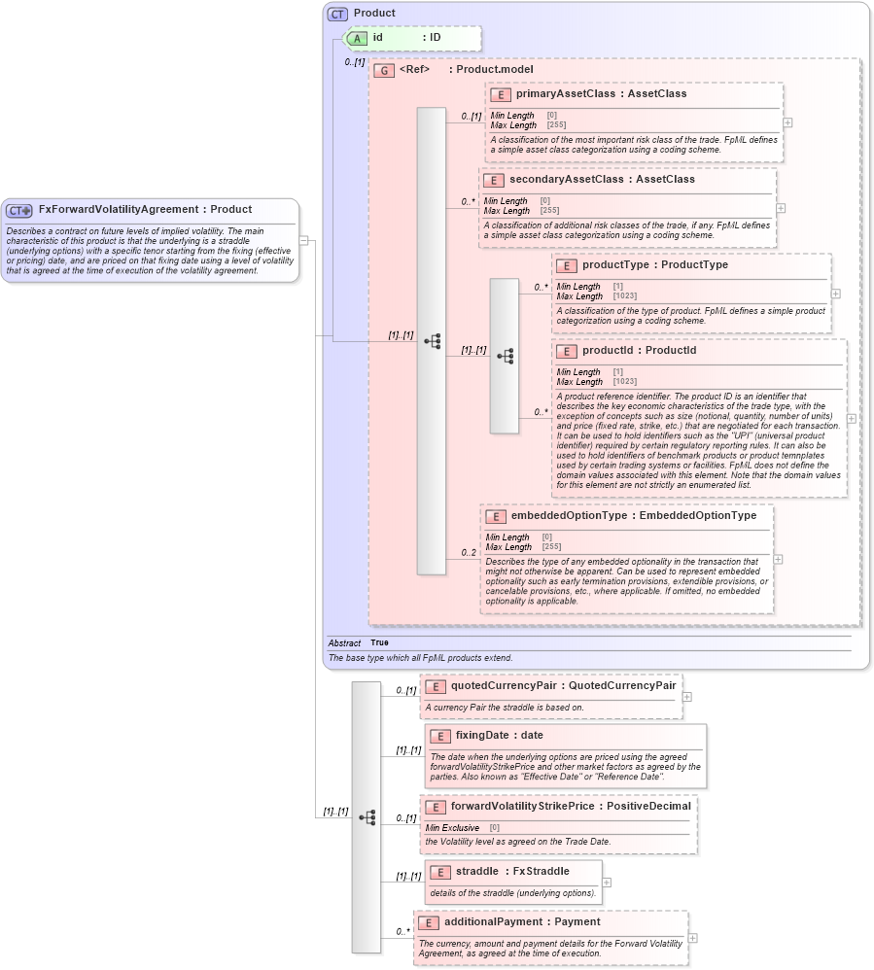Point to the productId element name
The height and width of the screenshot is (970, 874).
tap(612, 351)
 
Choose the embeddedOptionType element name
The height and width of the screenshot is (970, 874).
tap(570, 516)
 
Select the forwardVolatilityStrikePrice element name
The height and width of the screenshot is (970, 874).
tap(522, 806)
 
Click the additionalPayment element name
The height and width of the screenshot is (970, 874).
tap(496, 922)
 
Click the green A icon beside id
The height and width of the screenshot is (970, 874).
tap(358, 38)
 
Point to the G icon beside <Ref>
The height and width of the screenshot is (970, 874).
tap(385, 71)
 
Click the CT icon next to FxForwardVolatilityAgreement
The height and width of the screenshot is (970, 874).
tap(19, 210)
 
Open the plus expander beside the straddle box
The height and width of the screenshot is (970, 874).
tap(607, 883)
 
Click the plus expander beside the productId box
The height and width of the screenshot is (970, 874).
tap(852, 419)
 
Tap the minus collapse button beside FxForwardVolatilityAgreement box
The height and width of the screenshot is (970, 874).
tap(304, 240)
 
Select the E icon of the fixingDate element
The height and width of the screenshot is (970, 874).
tap(440, 736)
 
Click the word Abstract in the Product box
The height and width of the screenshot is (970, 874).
tap(344, 643)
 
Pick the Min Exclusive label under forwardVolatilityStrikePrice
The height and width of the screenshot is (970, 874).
tap(452, 828)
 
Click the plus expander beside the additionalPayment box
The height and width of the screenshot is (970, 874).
tap(693, 938)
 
